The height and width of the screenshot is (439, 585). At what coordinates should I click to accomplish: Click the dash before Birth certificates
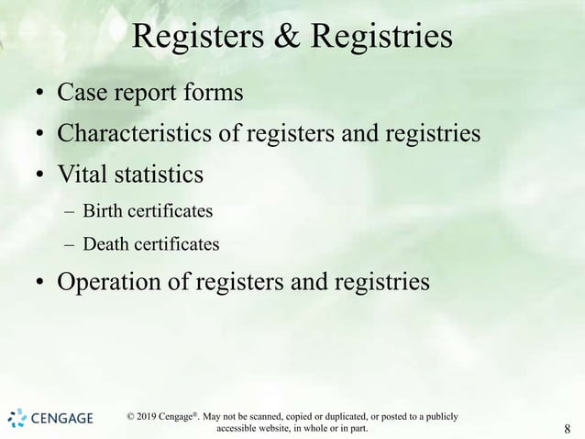point(70,213)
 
